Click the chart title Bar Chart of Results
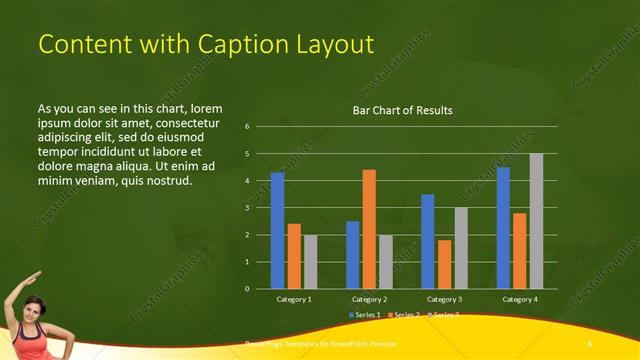point(402,110)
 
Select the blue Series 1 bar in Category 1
point(277,230)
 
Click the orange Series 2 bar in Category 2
point(369,229)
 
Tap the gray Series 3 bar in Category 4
point(536,220)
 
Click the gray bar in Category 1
point(310,262)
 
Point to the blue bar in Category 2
point(352,255)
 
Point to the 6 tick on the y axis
point(246,127)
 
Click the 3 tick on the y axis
point(246,208)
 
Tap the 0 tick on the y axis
point(246,289)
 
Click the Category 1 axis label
point(294,299)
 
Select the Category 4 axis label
point(519,299)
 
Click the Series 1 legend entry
point(364,315)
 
